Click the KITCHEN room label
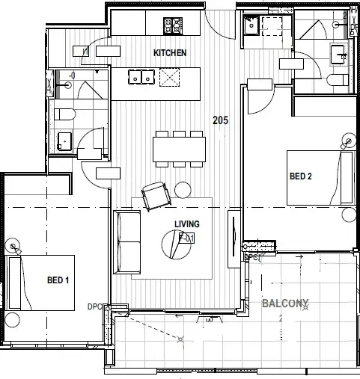click(x=169, y=53)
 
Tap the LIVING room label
click(x=186, y=223)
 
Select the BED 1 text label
click(x=58, y=280)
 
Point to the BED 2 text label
click(x=300, y=176)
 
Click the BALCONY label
click(x=284, y=304)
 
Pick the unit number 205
click(x=220, y=120)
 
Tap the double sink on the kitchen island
click(x=140, y=76)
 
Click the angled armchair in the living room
click(x=155, y=196)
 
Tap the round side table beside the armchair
click(x=183, y=190)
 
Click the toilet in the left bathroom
click(x=64, y=114)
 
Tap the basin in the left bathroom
click(x=64, y=140)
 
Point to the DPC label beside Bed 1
click(x=94, y=306)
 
